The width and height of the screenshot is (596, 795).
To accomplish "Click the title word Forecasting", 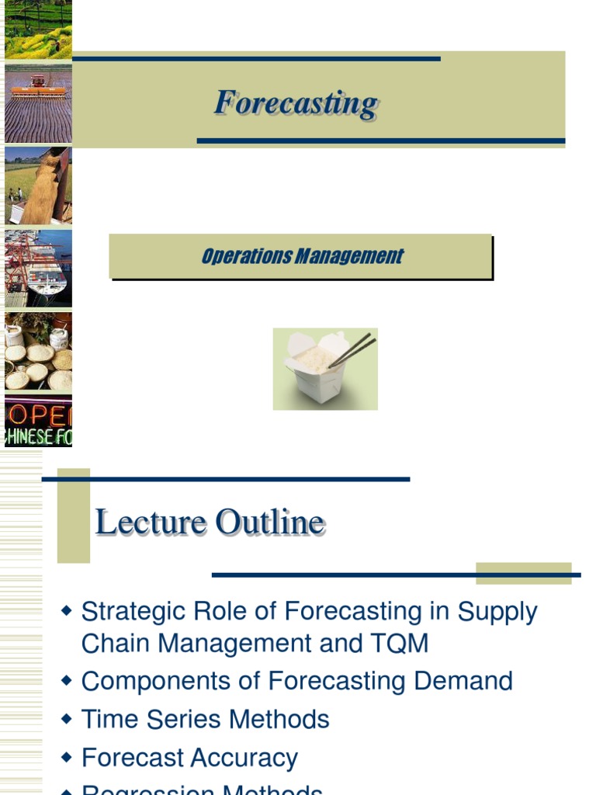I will (296, 103).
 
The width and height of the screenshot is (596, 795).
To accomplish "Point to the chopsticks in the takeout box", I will (353, 350).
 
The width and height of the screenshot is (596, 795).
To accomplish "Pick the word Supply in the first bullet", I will (497, 613).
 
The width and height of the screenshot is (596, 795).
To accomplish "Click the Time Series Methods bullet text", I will (205, 720).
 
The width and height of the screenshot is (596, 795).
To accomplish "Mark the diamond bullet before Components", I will (67, 681).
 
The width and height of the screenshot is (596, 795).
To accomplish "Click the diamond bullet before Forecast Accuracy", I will (67, 757).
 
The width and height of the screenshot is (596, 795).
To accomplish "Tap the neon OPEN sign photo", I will (38, 421).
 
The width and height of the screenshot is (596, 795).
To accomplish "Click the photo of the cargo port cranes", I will (38, 269).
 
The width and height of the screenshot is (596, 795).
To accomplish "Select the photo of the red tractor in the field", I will (38, 102).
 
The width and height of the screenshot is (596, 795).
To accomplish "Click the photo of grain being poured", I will (38, 186).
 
